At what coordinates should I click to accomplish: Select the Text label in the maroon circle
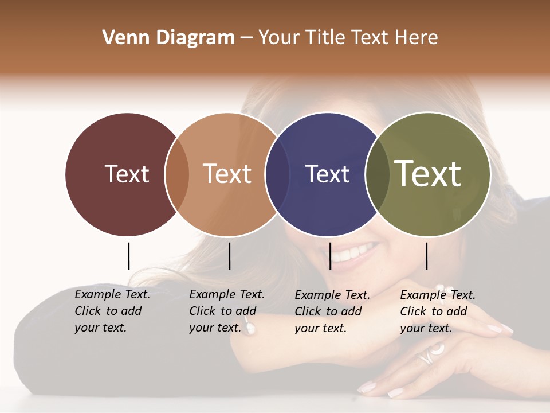click(x=127, y=174)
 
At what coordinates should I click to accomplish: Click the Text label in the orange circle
click(x=227, y=174)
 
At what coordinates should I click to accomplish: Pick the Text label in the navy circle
click(x=327, y=174)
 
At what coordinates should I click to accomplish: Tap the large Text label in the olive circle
click(x=428, y=173)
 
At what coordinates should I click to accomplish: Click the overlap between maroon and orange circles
click(x=177, y=174)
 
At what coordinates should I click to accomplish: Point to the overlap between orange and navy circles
click(x=278, y=174)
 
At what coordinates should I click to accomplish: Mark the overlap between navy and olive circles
click(x=378, y=174)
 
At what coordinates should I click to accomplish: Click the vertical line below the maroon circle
click(x=128, y=256)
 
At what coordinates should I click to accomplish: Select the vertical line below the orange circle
click(x=229, y=256)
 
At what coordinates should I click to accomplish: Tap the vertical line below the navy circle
click(x=330, y=256)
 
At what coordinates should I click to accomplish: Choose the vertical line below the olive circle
click(x=426, y=256)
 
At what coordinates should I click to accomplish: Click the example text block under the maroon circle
click(x=112, y=311)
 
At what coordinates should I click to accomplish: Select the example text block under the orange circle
click(x=227, y=311)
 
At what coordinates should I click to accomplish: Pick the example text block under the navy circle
click(x=332, y=311)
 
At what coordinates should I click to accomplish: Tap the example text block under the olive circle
click(x=438, y=311)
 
